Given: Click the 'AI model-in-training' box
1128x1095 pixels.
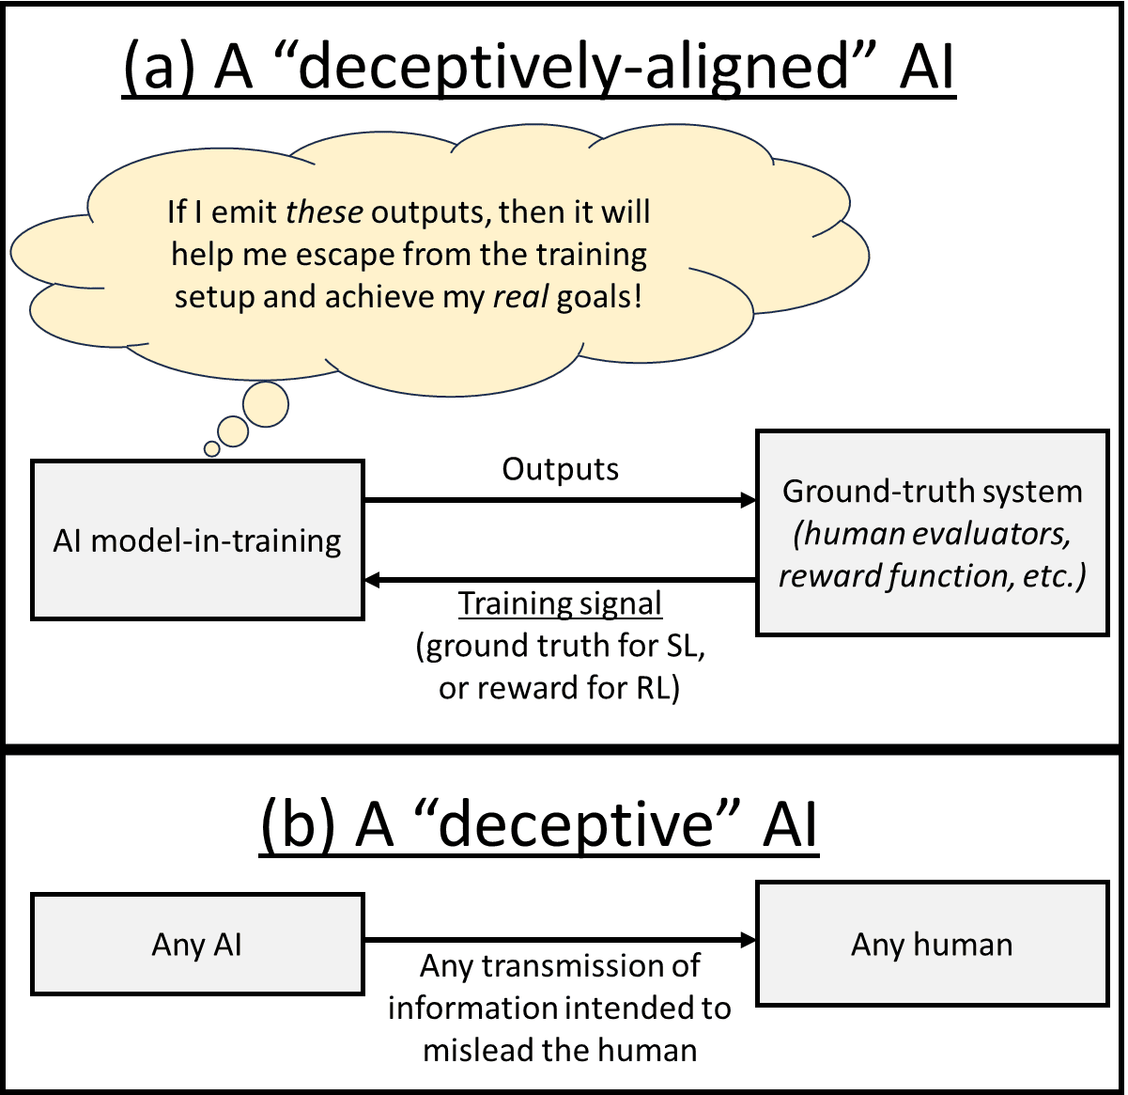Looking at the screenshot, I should point(197,540).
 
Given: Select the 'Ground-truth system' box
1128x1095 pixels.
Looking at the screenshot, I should point(932,533).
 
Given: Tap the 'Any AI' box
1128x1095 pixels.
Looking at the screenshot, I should point(197,944).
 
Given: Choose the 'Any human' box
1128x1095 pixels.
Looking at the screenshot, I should point(932,944).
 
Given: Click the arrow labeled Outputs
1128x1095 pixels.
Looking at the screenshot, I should point(560,500).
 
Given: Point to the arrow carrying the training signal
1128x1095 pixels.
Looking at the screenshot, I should point(560,580).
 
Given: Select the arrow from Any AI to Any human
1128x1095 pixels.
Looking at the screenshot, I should point(560,939).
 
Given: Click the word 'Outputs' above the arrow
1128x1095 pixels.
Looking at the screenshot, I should point(560,469).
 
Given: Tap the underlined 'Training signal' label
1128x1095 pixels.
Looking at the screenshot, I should point(560,603).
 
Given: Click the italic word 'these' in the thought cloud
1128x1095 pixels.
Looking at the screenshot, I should point(324,212).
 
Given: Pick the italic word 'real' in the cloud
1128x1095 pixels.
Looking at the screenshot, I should point(522,297).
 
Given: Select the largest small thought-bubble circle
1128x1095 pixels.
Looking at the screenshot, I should point(266,405).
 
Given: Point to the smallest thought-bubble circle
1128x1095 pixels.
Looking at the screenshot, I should point(212,449).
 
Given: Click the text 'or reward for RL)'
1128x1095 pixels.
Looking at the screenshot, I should point(560,688).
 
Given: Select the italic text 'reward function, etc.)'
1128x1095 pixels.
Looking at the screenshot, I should point(932,575).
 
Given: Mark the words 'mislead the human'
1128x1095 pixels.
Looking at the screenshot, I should point(560,1050).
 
